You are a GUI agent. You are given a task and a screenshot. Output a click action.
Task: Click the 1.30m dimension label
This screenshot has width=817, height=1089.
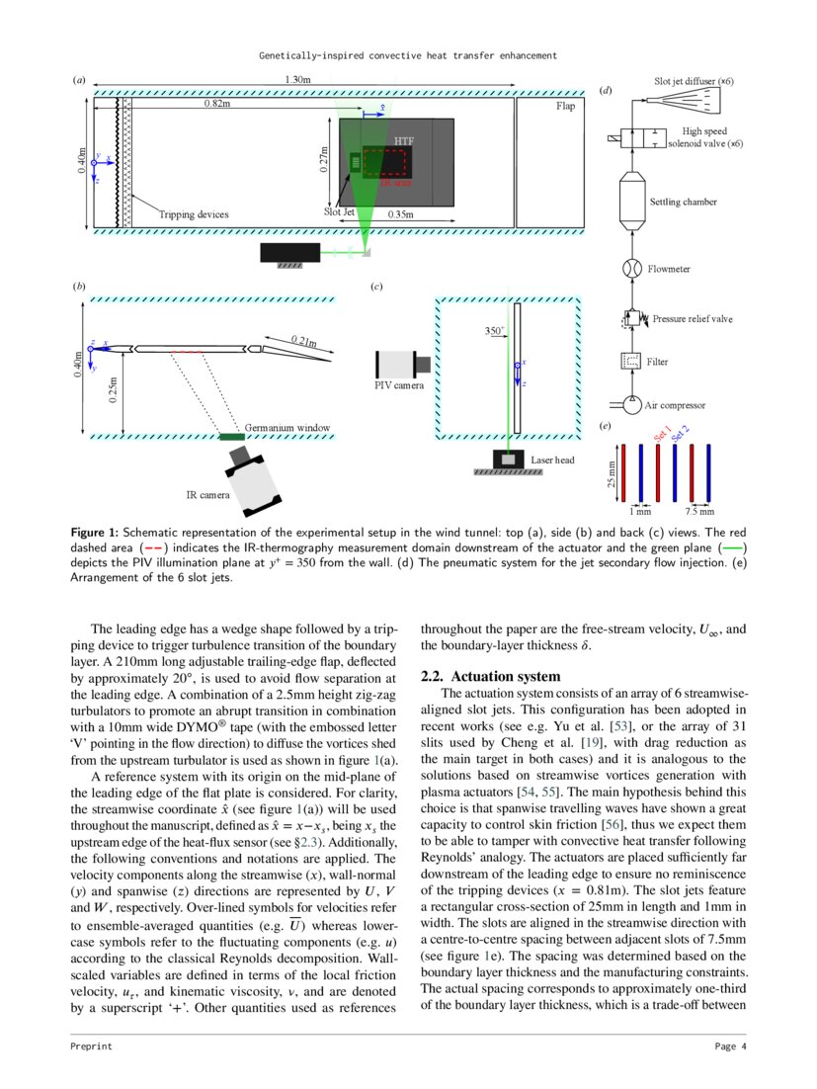298,79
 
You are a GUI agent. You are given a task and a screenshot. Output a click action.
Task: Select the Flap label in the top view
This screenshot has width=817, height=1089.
565,105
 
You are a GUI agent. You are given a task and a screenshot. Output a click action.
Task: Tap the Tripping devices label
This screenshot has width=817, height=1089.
194,214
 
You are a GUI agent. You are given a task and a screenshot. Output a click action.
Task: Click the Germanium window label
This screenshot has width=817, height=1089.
287,428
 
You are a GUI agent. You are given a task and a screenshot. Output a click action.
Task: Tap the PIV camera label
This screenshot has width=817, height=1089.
398,384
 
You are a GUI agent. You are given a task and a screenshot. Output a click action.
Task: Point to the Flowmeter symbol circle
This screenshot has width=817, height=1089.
630,268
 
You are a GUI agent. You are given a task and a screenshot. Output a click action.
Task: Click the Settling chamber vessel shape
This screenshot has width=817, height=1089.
629,203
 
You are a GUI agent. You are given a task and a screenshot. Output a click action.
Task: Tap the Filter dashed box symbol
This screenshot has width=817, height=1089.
629,362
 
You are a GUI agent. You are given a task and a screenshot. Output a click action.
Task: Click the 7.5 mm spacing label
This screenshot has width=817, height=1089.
698,512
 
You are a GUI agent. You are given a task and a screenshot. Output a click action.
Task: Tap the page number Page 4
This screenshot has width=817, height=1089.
731,1047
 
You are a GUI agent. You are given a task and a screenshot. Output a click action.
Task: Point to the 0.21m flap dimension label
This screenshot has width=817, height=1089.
304,340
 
